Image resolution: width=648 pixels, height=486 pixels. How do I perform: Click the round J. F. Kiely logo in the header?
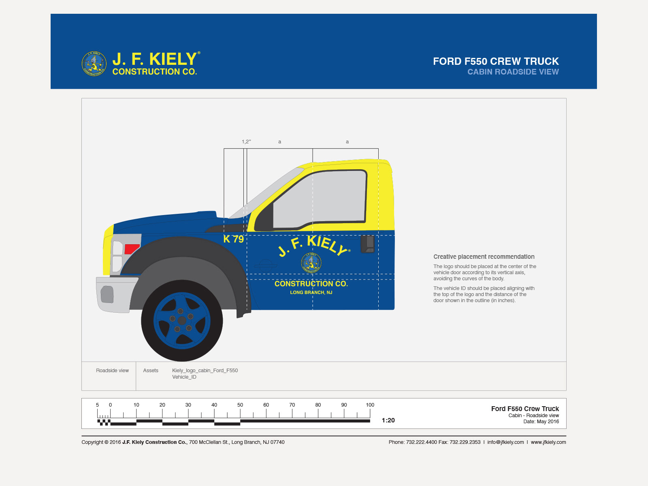94,64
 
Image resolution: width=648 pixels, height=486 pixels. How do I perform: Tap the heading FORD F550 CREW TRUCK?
496,61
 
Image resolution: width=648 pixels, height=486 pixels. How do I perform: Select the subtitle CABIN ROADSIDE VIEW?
513,72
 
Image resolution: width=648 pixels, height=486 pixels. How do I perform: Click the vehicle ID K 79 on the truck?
234,239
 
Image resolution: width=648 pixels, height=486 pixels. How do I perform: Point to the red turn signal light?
132,249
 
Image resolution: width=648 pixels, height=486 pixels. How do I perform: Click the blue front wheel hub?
182,320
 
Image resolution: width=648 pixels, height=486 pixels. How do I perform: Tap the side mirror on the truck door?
368,244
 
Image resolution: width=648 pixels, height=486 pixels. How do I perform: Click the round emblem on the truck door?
311,262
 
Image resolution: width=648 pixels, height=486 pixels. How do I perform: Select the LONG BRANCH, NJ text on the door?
311,292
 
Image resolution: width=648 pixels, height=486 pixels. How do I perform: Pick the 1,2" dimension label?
246,142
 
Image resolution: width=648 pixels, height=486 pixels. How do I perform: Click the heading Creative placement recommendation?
484,257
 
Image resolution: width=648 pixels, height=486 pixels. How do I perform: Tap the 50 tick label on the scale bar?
240,405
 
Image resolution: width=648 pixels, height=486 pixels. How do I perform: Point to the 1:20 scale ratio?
388,420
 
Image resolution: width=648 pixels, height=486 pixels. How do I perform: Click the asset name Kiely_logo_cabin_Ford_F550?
205,371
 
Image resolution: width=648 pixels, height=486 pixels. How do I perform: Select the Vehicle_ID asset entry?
184,377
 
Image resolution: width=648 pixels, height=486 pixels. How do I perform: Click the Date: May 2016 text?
541,422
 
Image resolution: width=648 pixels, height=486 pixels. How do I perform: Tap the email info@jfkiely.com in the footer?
505,442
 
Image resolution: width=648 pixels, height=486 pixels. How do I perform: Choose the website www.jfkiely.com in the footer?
548,442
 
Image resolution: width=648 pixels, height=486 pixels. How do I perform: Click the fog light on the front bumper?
107,294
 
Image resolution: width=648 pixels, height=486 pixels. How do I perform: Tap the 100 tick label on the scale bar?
370,405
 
